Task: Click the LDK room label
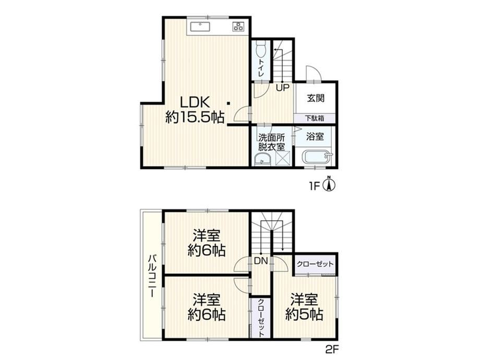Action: pyautogui.click(x=195, y=102)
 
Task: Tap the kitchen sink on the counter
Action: pyautogui.click(x=200, y=27)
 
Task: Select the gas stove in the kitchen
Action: pyautogui.click(x=238, y=26)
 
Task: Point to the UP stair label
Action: pyautogui.click(x=282, y=88)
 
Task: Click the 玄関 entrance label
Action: pyautogui.click(x=315, y=98)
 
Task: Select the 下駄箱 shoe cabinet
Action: pyautogui.click(x=315, y=118)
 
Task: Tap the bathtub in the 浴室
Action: pyautogui.click(x=317, y=158)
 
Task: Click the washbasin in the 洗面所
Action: pyautogui.click(x=262, y=160)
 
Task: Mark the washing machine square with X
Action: pyautogui.click(x=282, y=159)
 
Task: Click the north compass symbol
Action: pyautogui.click(x=329, y=184)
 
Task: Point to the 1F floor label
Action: pyautogui.click(x=315, y=186)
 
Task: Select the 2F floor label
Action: pyautogui.click(x=331, y=349)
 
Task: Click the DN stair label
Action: pyautogui.click(x=261, y=261)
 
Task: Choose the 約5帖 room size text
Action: pyautogui.click(x=304, y=314)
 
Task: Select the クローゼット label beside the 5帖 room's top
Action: pyautogui.click(x=315, y=264)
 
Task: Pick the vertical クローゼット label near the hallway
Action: pyautogui.click(x=260, y=318)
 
